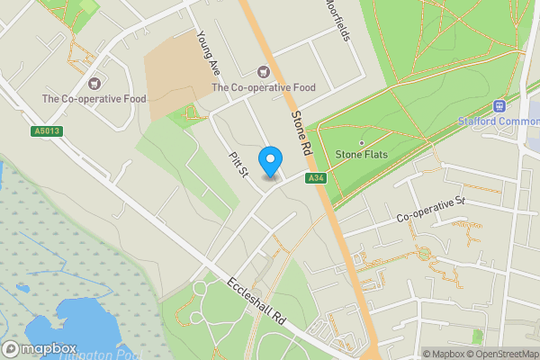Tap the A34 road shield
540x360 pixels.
click(x=315, y=178)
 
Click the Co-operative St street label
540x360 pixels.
click(x=429, y=214)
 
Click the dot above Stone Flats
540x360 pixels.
click(x=362, y=142)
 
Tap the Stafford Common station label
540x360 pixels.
click(x=499, y=121)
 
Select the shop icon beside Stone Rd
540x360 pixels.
click(x=264, y=71)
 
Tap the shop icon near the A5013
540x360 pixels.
click(x=94, y=82)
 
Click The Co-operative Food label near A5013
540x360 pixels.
click(x=94, y=99)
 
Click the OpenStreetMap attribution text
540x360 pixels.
click(x=499, y=354)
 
